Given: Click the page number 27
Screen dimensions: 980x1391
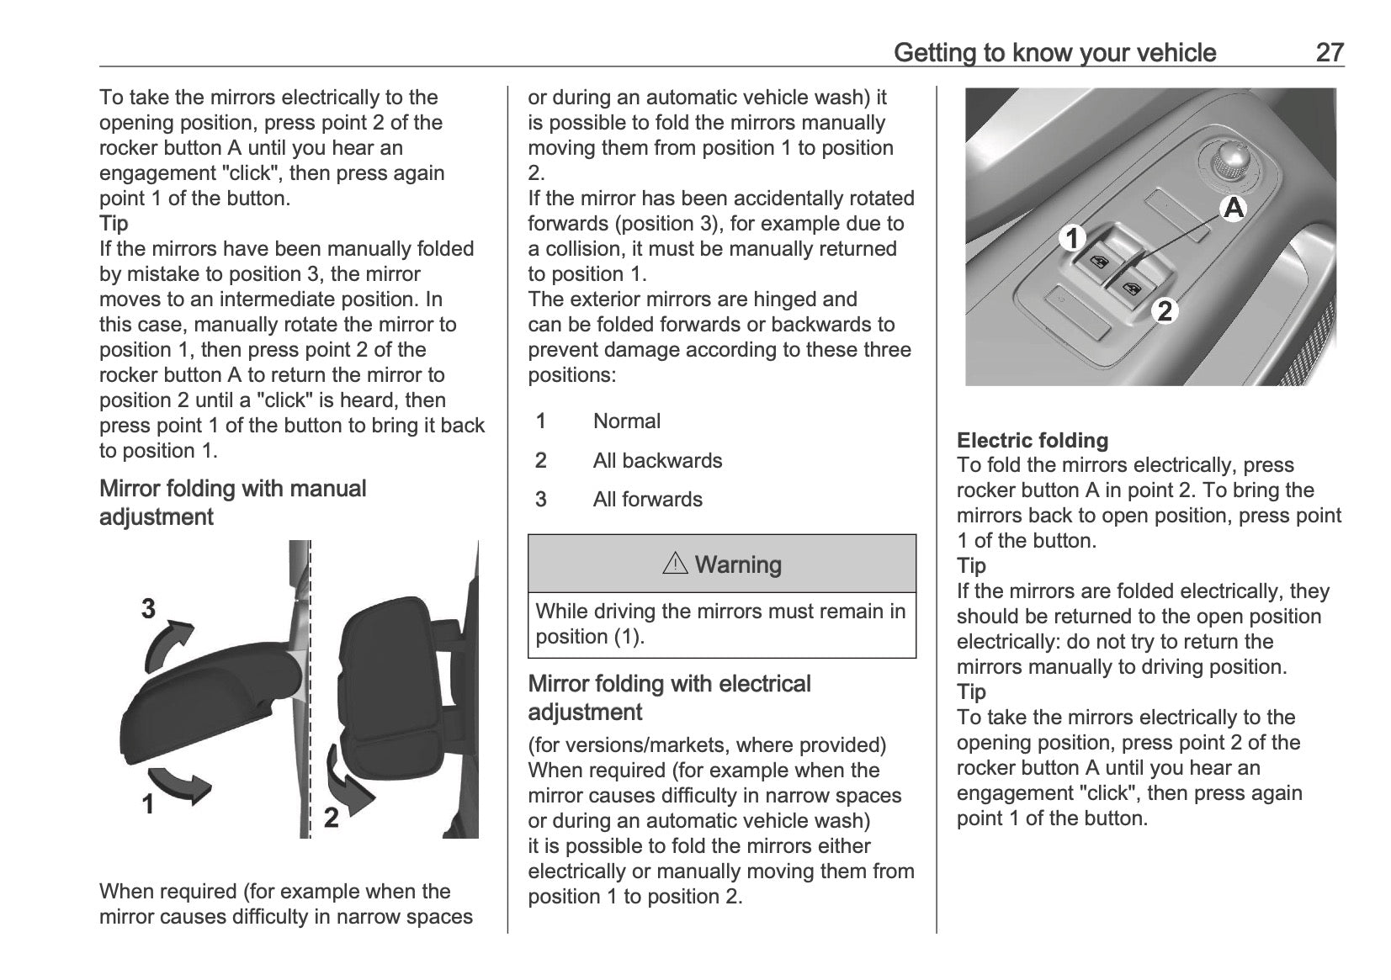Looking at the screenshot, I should tap(1330, 52).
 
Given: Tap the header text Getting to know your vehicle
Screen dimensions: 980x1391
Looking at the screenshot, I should tap(1054, 53).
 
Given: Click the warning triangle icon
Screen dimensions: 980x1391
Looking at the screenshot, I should tap(675, 564).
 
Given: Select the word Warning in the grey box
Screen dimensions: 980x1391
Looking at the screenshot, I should tap(738, 564).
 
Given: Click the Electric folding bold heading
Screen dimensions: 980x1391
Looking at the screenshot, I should tap(1033, 440).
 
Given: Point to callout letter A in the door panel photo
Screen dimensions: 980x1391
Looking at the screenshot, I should tap(1233, 208).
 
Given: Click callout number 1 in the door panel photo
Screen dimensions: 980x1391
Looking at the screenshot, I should tap(1072, 239).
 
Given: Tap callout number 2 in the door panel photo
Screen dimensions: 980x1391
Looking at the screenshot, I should tap(1165, 311).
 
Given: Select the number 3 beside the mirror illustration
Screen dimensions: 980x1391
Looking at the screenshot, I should tap(148, 608).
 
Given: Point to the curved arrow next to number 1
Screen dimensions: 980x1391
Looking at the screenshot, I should tap(180, 784).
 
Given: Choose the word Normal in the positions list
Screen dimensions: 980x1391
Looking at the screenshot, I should tap(626, 421).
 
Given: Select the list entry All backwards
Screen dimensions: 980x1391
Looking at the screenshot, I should tap(657, 461).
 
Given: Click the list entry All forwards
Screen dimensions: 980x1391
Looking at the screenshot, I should tap(647, 500).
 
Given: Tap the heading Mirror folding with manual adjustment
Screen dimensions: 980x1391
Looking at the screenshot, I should tap(233, 502).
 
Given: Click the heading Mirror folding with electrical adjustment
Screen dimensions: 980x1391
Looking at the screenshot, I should tap(669, 697).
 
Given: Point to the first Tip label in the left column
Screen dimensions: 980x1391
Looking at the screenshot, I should tap(114, 224).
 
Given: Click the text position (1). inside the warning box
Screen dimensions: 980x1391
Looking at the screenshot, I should tap(590, 637).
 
